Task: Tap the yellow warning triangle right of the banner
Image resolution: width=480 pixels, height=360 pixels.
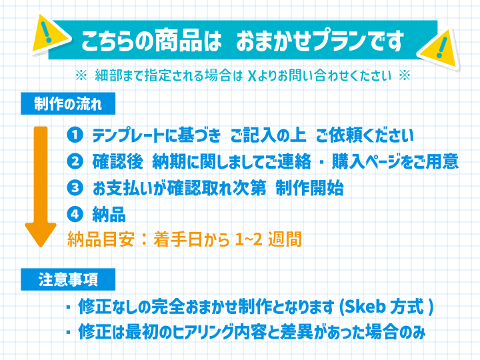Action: coord(439,49)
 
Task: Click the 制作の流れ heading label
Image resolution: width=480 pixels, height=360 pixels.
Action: coord(68,104)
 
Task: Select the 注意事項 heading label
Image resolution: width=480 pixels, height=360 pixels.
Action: coord(68,279)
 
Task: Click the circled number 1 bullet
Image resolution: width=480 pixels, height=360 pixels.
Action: coord(75,135)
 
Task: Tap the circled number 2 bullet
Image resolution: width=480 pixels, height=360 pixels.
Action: coord(75,161)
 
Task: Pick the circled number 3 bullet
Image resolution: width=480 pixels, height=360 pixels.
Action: coord(75,187)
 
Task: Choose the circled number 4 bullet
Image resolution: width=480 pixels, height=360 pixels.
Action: coord(75,214)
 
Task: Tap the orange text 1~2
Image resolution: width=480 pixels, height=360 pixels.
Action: coord(249,239)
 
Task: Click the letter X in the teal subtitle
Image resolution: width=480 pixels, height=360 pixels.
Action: coord(251,76)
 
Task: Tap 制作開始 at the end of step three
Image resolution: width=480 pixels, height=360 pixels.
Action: coord(309,187)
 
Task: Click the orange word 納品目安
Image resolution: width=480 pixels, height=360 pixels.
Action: coord(101,239)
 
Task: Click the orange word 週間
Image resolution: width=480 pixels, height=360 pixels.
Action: coord(285,239)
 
